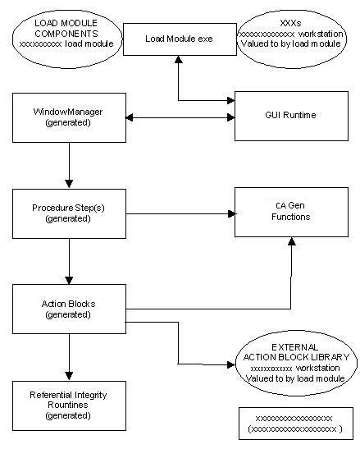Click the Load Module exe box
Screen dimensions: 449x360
coord(179,38)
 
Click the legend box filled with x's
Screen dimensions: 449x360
coord(294,423)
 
